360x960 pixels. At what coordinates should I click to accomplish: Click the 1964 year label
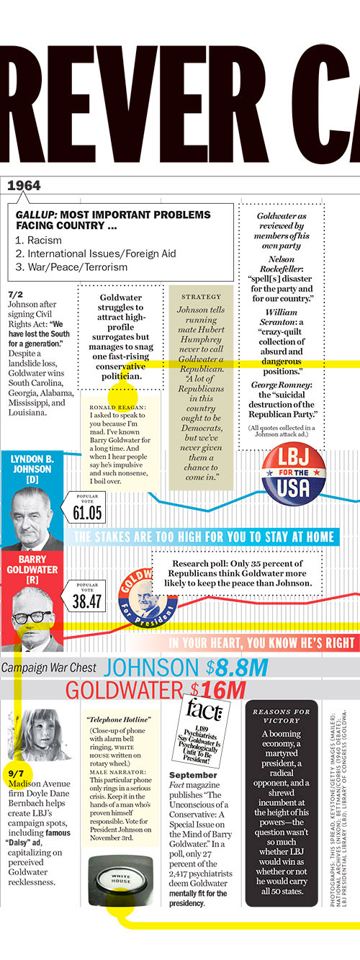(x=24, y=186)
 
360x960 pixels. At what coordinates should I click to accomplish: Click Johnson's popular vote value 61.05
(x=87, y=513)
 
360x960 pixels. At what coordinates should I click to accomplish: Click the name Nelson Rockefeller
(x=291, y=264)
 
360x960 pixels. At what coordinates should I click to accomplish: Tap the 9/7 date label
(x=16, y=773)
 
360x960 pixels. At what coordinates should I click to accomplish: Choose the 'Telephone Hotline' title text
(x=119, y=719)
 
